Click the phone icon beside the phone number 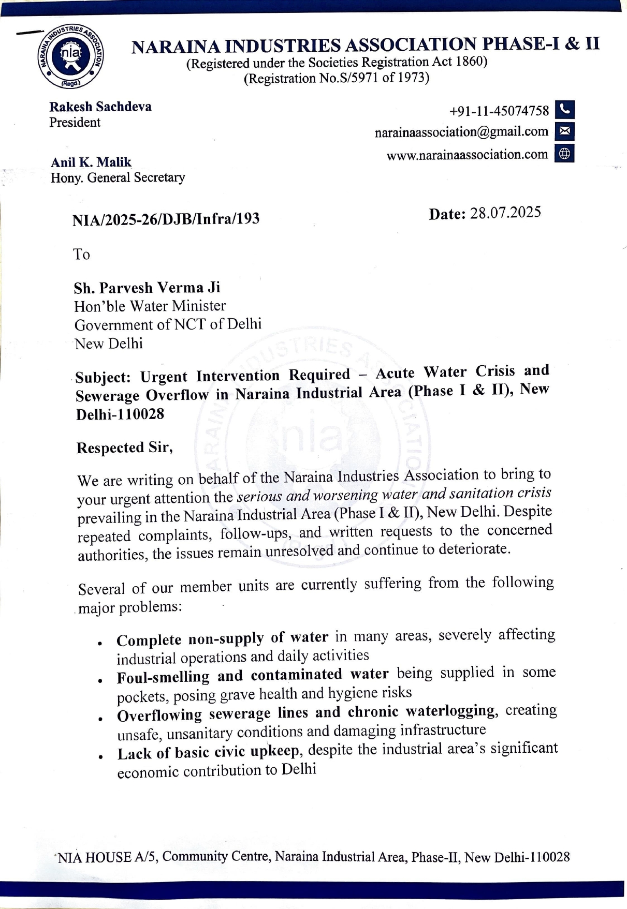coord(564,110)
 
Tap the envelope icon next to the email coord(564,131)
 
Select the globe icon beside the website coord(564,154)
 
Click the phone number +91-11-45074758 coord(499,111)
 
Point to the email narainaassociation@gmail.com coord(461,132)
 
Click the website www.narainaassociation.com coord(467,155)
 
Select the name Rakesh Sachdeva coord(100,107)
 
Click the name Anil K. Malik coord(91,162)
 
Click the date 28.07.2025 coord(505,213)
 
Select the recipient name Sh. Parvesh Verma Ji coord(147,288)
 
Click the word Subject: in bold coord(103,377)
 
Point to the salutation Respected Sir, coord(124,448)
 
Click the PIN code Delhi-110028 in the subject coord(120,414)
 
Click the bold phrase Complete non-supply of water coord(222,638)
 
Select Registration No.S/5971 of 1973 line coord(337,78)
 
